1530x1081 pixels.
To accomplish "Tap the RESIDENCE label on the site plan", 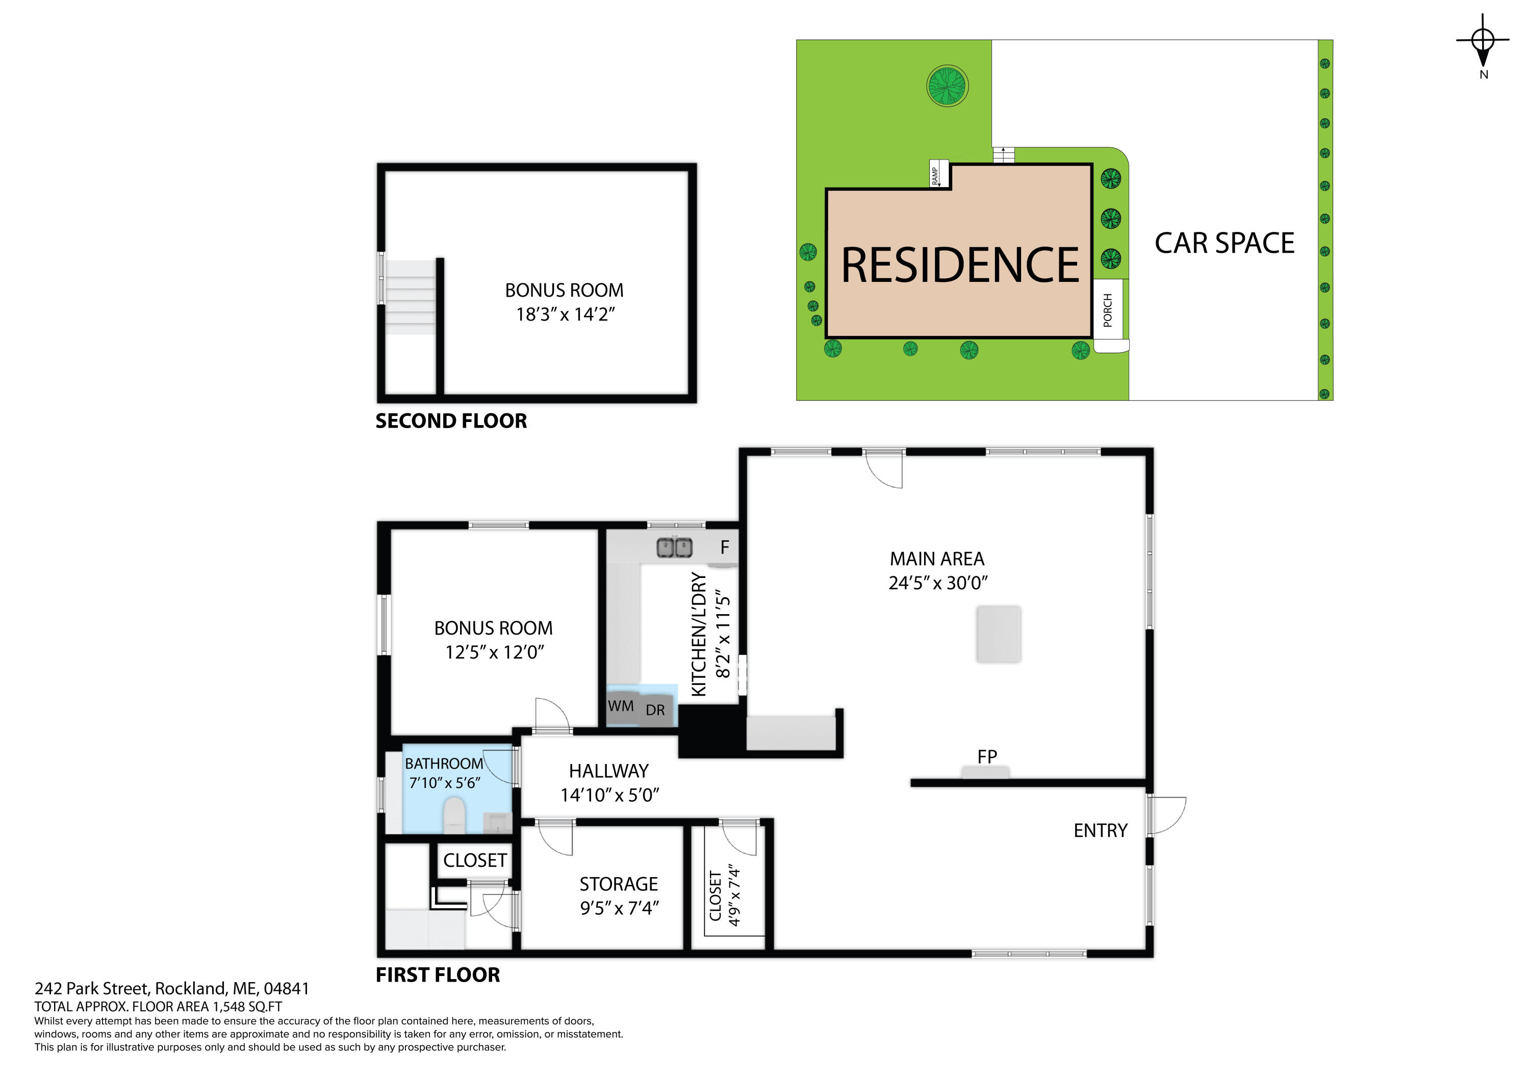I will [960, 265].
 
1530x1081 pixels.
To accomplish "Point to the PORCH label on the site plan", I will [1108, 310].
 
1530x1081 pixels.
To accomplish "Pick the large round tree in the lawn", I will [948, 86].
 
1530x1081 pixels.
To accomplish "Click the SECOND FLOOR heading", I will [451, 421].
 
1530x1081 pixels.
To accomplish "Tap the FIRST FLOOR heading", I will [438, 975].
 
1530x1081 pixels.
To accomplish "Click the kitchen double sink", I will [674, 547].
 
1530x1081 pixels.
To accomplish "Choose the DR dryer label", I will [655, 710].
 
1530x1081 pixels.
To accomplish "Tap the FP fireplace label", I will [987, 757].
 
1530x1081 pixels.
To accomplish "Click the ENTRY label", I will [1100, 831].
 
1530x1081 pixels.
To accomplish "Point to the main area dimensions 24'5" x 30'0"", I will [937, 583].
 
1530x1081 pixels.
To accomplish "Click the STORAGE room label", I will [619, 884].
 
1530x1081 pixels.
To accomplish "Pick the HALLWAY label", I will [608, 771].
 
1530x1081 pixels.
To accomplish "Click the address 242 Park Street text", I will [172, 988].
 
